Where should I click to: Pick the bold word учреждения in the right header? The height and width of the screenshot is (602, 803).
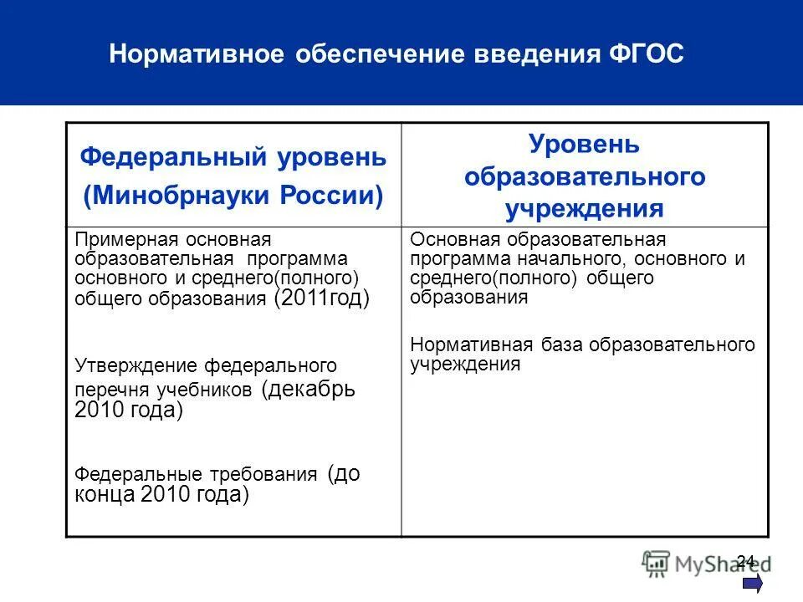click(585, 207)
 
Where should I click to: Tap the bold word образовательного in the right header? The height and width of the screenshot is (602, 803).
click(585, 176)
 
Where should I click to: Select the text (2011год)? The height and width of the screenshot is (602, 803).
click(321, 299)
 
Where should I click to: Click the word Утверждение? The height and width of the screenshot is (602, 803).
click(138, 365)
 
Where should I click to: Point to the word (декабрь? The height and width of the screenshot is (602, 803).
click(309, 390)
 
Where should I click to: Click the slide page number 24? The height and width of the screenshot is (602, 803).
click(746, 560)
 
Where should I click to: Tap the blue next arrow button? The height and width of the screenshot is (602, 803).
click(751, 583)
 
